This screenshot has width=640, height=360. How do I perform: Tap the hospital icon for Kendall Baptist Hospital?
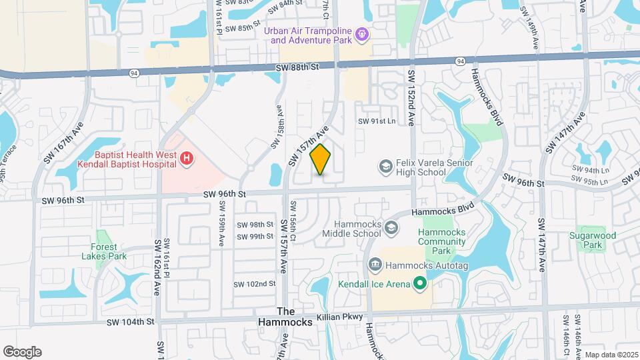(x=187, y=158)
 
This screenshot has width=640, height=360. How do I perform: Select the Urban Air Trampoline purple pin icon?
(x=362, y=32)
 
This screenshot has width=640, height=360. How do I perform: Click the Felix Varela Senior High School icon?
(x=385, y=165)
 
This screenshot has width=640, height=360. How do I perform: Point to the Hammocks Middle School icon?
(x=391, y=229)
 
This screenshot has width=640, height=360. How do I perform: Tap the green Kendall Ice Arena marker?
(x=419, y=284)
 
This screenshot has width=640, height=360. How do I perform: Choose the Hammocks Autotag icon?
(x=375, y=265)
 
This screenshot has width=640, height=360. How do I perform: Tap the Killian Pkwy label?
(x=344, y=319)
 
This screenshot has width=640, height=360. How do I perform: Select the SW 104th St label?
(x=130, y=321)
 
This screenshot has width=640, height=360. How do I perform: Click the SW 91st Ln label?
(x=377, y=121)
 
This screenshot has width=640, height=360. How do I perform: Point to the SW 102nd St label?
(x=254, y=283)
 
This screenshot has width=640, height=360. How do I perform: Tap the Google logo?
(x=22, y=351)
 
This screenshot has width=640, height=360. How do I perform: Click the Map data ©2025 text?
(x=612, y=354)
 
